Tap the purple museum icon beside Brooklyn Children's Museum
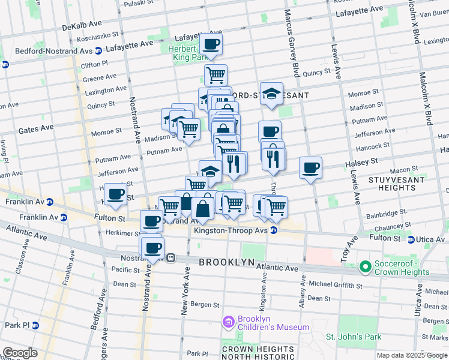228,323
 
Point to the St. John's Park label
354,337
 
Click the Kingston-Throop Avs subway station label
231,230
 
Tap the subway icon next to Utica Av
411,239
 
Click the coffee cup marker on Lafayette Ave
211,44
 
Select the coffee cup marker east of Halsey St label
310,168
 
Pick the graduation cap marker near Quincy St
271,94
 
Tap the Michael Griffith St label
337,284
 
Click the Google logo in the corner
20,353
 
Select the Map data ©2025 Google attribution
412,355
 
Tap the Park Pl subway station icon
35,325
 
